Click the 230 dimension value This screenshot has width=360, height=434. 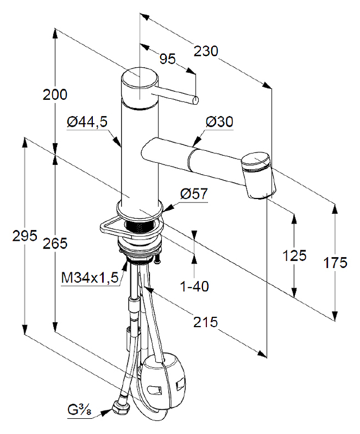tap(206, 51)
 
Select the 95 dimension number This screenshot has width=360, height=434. tap(168, 59)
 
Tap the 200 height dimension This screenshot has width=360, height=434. tap(55, 94)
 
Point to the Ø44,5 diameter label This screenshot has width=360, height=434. tap(87, 122)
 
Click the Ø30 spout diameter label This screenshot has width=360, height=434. tap(219, 122)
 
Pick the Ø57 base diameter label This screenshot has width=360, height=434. tap(194, 194)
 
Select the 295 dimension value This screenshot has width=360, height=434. tap(24, 236)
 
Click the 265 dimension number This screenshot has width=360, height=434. tap(55, 243)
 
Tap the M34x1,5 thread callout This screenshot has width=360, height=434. tap(90, 277)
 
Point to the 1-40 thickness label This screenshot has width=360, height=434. tap(194, 286)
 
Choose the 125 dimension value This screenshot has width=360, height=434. tap(294, 256)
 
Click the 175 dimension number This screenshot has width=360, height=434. tap(336, 263)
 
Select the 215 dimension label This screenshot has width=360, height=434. tap(205, 322)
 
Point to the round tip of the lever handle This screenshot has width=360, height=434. tap(196, 100)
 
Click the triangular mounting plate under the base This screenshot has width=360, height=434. tap(131, 226)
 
